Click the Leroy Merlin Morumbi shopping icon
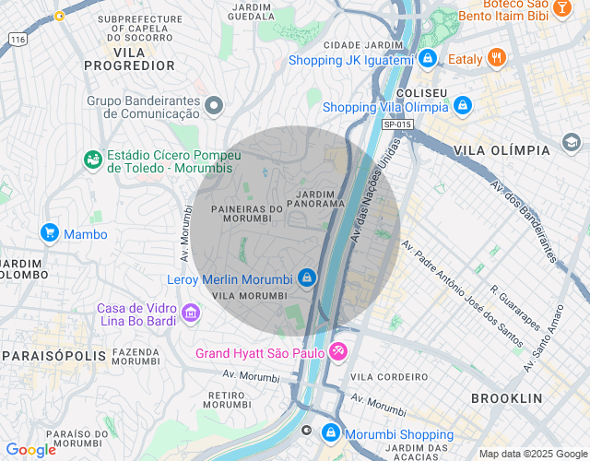[307, 278]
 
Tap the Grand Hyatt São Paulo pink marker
[338, 352]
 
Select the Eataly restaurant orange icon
[497, 59]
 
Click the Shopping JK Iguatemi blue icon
[427, 60]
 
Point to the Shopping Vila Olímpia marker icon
[463, 106]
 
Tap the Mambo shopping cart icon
[50, 234]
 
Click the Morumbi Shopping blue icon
[331, 433]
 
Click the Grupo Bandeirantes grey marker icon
[215, 106]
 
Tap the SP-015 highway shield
[395, 124]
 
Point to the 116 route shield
[18, 40]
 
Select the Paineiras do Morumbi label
[246, 214]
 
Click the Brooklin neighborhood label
[506, 398]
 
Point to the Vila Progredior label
[129, 58]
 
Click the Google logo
[30, 450]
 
